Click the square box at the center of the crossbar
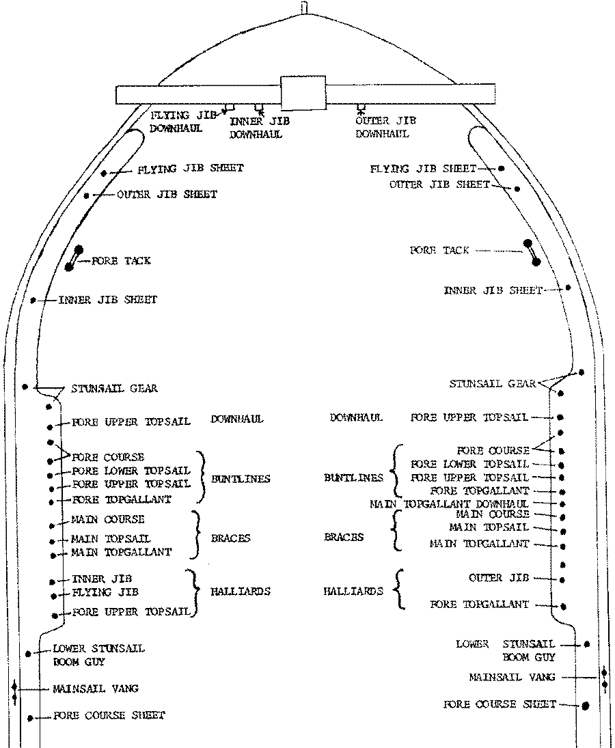pos(303,92)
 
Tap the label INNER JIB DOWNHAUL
pos(260,128)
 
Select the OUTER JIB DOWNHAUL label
pos(385,127)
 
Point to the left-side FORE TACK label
pos(121,260)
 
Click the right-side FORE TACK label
pos(439,250)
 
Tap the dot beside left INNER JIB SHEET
pos(33,300)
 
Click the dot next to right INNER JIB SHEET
pos(568,288)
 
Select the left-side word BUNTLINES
pos(241,478)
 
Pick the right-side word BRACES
pos(344,537)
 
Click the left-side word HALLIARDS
pos(241,591)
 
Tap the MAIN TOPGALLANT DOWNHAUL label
pos(449,503)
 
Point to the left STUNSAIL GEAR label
pos(115,388)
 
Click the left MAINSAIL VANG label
pos(96,689)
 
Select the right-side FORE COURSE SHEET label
pos(500,704)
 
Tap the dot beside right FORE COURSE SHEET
pos(586,706)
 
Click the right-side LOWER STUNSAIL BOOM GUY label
pos(506,650)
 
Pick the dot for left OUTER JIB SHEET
pos(86,195)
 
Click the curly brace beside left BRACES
pos(195,535)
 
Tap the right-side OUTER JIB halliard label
pos(499,578)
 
